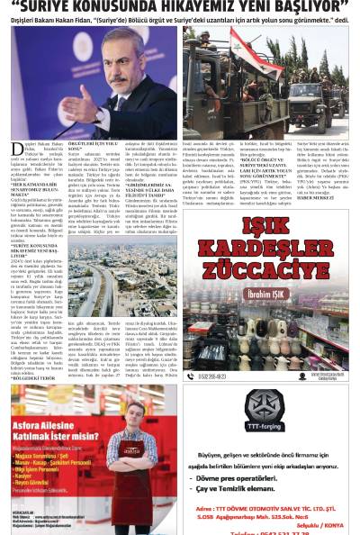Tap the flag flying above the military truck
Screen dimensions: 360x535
point(244,50)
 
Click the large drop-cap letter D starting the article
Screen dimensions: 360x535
point(16,150)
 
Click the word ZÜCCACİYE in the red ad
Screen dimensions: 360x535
point(269,268)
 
